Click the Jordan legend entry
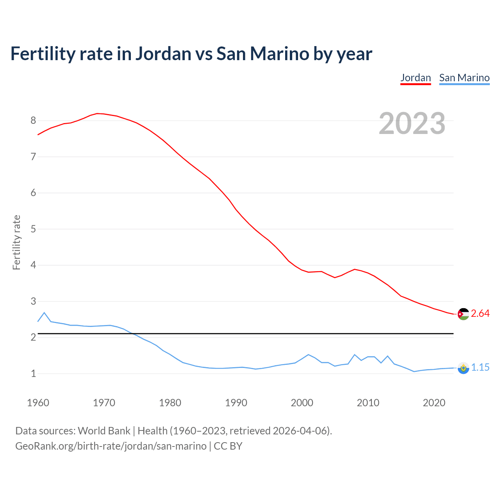tap(416, 78)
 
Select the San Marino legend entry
tap(464, 78)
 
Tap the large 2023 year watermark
tap(412, 123)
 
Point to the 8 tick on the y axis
tap(33, 121)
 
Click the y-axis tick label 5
tap(33, 229)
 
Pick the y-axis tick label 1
tap(33, 374)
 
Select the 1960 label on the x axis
tap(38, 403)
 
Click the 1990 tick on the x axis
tap(236, 403)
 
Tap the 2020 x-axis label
tap(434, 403)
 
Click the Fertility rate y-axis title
tap(16, 242)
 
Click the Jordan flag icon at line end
tap(463, 314)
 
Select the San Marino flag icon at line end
tap(463, 368)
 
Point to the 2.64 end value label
tap(480, 314)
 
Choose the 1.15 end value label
tap(480, 368)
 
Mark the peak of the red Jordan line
tap(97, 113)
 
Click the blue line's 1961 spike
tap(44, 312)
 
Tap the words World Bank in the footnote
tap(104, 431)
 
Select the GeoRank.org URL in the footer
tap(111, 446)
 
